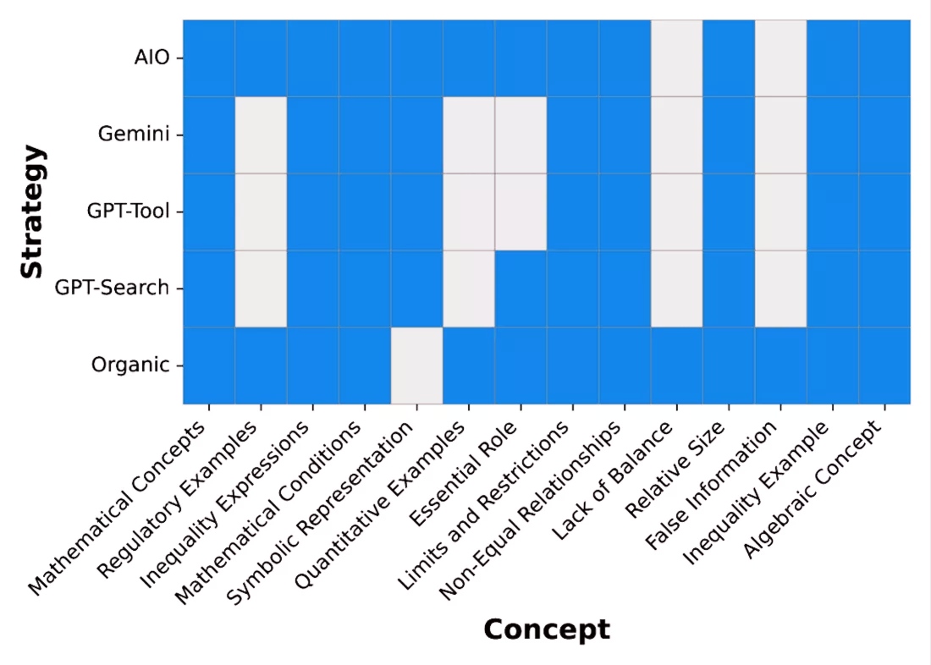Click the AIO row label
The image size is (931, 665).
click(x=151, y=58)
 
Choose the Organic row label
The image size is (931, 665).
click(x=130, y=365)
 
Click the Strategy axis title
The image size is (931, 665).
click(x=32, y=212)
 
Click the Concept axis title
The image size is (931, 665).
click(x=546, y=629)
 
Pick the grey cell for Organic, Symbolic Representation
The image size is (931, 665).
click(x=416, y=365)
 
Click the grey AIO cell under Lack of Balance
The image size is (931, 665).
click(x=676, y=58)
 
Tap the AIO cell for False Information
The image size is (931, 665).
click(x=780, y=58)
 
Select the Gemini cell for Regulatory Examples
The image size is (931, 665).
click(x=261, y=135)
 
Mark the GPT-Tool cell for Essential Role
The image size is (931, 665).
click(x=521, y=212)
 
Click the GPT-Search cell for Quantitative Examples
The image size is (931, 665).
click(x=469, y=289)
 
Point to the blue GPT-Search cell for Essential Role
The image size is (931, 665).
click(x=521, y=289)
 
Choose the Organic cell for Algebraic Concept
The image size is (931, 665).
click(x=884, y=365)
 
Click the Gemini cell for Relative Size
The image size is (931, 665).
click(x=729, y=135)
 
